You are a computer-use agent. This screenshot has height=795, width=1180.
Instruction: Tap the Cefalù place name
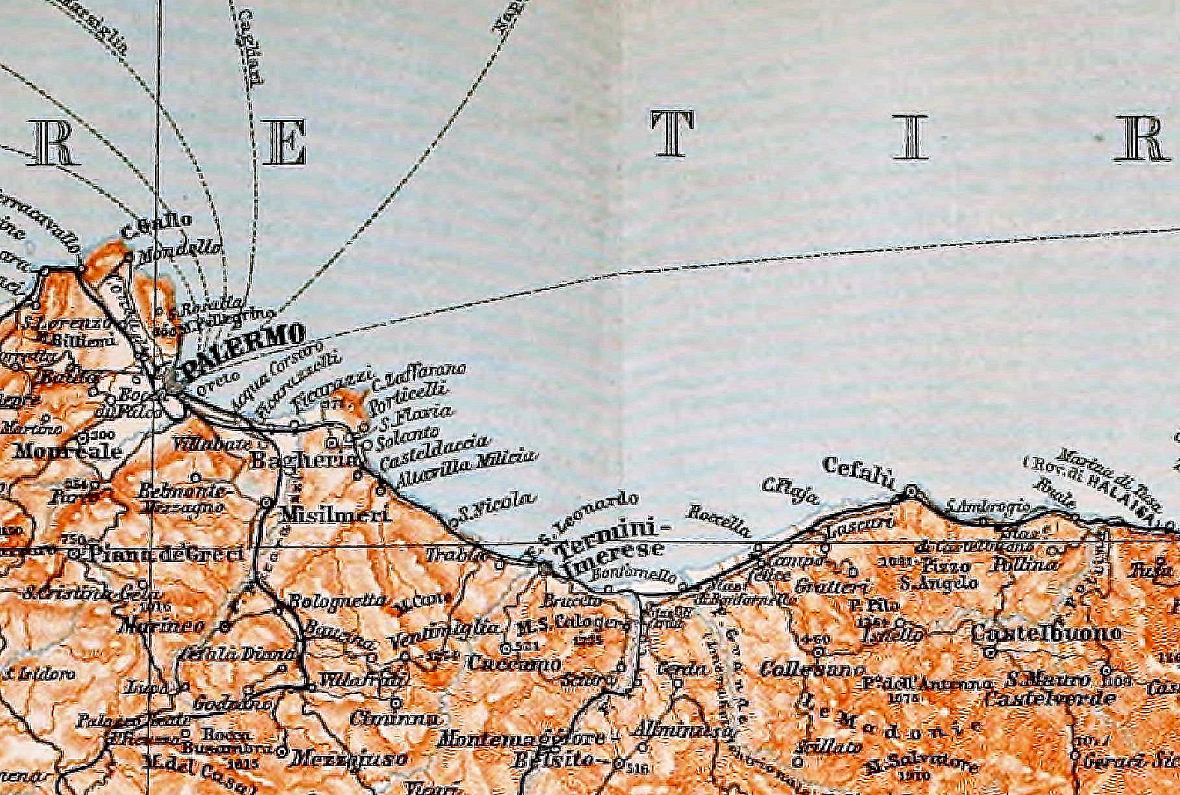click(x=859, y=472)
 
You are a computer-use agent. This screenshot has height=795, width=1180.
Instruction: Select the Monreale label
click(x=67, y=452)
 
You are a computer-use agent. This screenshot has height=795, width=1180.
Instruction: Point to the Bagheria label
click(x=304, y=459)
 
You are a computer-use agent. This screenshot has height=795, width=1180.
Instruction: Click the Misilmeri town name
click(x=334, y=515)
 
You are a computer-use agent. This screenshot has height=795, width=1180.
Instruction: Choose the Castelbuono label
click(x=1046, y=633)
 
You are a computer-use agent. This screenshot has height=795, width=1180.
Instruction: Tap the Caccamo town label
click(x=513, y=663)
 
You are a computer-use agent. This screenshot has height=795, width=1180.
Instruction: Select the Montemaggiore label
click(x=521, y=738)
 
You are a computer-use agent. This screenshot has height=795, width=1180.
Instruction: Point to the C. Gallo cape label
click(x=156, y=226)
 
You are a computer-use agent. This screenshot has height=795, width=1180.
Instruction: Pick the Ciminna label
click(x=394, y=718)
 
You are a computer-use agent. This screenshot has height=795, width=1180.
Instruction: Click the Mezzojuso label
click(x=349, y=758)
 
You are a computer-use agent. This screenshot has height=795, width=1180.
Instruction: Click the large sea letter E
click(x=285, y=142)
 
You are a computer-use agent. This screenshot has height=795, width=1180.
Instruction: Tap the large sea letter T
click(x=672, y=135)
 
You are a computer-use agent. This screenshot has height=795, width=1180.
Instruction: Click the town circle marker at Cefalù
click(x=911, y=492)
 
